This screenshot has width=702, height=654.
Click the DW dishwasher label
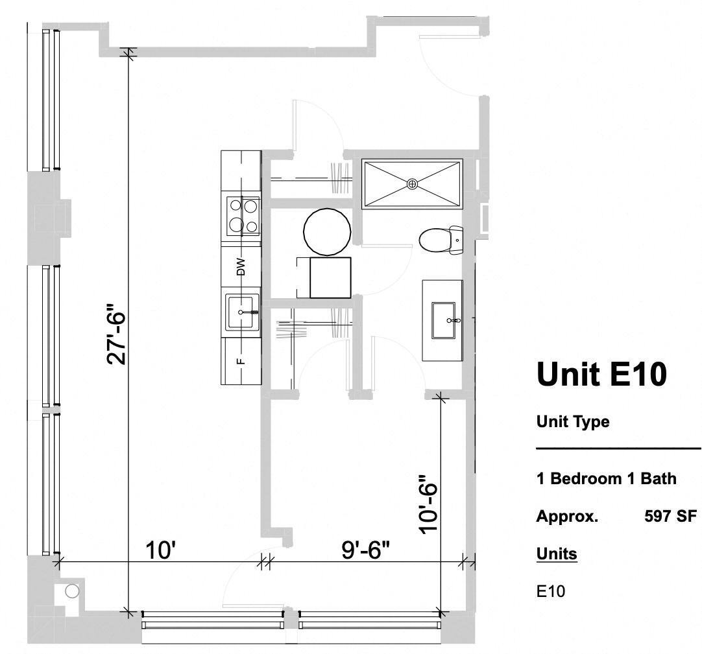click(x=241, y=267)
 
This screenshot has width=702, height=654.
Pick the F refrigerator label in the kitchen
click(x=241, y=361)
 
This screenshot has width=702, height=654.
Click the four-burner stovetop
click(x=242, y=216)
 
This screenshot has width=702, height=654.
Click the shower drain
click(x=412, y=184)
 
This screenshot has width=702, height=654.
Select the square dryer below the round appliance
click(x=330, y=277)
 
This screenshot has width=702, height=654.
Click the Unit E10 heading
click(x=601, y=375)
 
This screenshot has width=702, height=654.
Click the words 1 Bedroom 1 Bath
click(x=606, y=479)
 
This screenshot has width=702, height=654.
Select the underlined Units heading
click(x=556, y=554)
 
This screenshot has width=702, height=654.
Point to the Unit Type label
click(x=573, y=422)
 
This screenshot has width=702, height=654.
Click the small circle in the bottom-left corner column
click(x=72, y=590)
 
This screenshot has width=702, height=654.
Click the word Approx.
click(x=567, y=517)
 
